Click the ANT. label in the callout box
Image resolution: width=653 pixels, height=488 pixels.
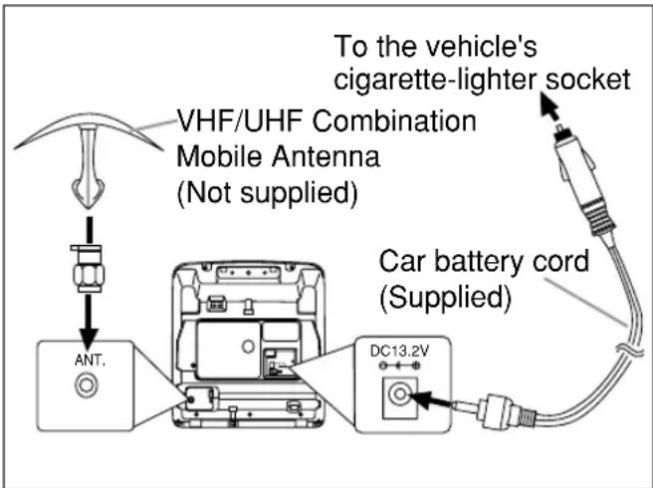point(90,361)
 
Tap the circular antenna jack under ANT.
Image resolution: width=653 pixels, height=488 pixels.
point(87,384)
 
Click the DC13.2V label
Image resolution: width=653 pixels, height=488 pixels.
point(399,352)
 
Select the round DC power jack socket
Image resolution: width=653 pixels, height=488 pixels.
point(400,394)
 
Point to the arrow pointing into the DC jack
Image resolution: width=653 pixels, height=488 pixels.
point(431,400)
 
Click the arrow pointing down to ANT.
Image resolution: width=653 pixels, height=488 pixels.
point(89,322)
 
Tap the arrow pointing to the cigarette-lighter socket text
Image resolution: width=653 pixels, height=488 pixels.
point(549,106)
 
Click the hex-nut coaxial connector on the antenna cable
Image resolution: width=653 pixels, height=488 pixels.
point(89,269)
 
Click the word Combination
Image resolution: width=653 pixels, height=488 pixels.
point(394,121)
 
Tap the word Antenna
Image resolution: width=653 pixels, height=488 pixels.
point(326,156)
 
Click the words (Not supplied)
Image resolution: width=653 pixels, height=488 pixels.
point(268,193)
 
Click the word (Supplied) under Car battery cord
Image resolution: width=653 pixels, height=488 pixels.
point(445,298)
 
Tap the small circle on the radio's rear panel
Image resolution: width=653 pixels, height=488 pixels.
point(248,346)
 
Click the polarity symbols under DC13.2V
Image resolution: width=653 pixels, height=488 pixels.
point(400,366)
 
